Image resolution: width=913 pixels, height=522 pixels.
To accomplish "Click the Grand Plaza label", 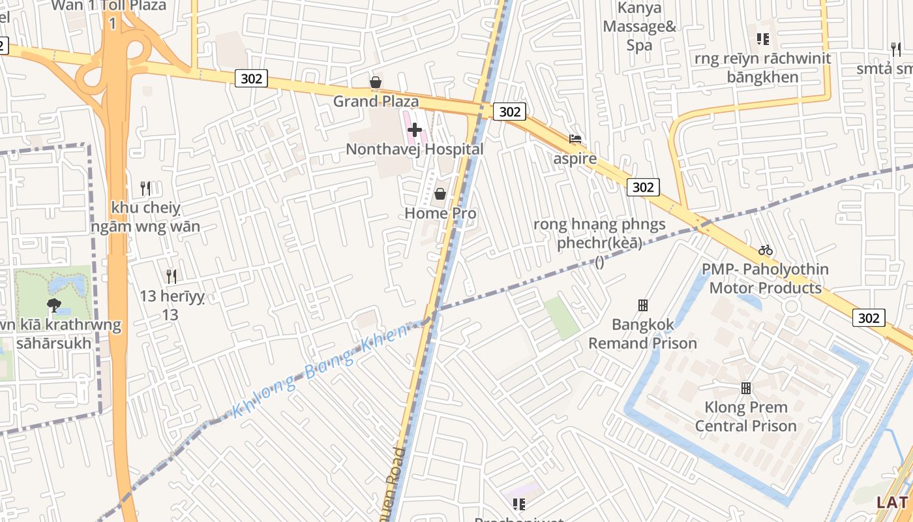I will click(376, 101).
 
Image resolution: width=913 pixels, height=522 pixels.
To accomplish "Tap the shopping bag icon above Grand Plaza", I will click(376, 82).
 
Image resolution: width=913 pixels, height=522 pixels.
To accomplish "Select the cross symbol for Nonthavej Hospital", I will click(415, 130).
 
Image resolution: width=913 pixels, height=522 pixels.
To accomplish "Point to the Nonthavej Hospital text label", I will click(415, 149).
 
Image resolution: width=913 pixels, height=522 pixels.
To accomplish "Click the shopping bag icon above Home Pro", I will click(440, 194).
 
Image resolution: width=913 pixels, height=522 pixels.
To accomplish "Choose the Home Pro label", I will click(440, 213).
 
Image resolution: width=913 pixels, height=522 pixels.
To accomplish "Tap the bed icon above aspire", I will click(575, 139).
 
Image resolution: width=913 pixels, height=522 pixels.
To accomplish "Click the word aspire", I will click(575, 159).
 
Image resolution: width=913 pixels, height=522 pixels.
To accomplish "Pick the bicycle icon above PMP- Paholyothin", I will click(766, 250).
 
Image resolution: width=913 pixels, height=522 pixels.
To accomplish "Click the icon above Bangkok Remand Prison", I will click(643, 305).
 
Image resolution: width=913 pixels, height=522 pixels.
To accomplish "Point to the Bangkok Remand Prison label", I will click(643, 333).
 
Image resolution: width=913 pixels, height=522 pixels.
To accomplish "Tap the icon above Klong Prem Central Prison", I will click(746, 388).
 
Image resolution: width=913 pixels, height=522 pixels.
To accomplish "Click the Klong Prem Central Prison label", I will click(746, 416).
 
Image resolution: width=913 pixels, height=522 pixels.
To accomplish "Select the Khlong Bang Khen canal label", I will click(320, 369).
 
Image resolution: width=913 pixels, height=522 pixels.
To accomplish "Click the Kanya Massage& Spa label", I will click(640, 27).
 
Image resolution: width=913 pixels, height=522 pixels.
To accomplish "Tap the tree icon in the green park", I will click(54, 304).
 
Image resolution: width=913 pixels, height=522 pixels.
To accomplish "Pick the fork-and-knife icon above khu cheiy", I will click(145, 189).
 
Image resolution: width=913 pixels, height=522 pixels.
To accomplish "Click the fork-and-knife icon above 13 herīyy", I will click(171, 276).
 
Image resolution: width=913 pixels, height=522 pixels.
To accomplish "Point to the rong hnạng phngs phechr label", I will click(599, 234).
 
